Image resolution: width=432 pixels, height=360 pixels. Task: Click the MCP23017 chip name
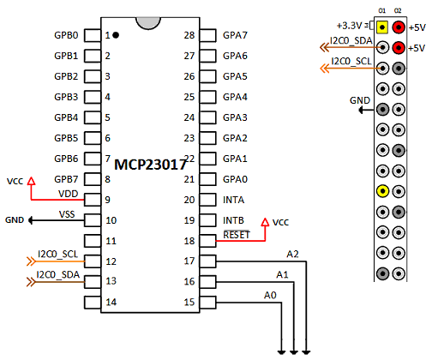coord(150,165)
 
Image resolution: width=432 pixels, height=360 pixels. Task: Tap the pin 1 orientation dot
coord(116,35)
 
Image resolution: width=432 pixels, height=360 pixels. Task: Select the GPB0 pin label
coord(66,35)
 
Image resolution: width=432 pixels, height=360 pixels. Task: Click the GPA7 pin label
coord(235,35)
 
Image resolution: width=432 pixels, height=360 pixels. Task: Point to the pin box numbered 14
coord(93,303)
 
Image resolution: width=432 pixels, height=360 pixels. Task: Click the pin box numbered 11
coord(93,241)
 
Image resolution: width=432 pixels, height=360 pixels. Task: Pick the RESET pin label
coord(237,235)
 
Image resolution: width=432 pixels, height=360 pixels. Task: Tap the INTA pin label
coord(233,200)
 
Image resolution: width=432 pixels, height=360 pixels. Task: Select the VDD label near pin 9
coord(68,194)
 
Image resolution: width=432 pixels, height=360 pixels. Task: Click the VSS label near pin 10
coord(67,214)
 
